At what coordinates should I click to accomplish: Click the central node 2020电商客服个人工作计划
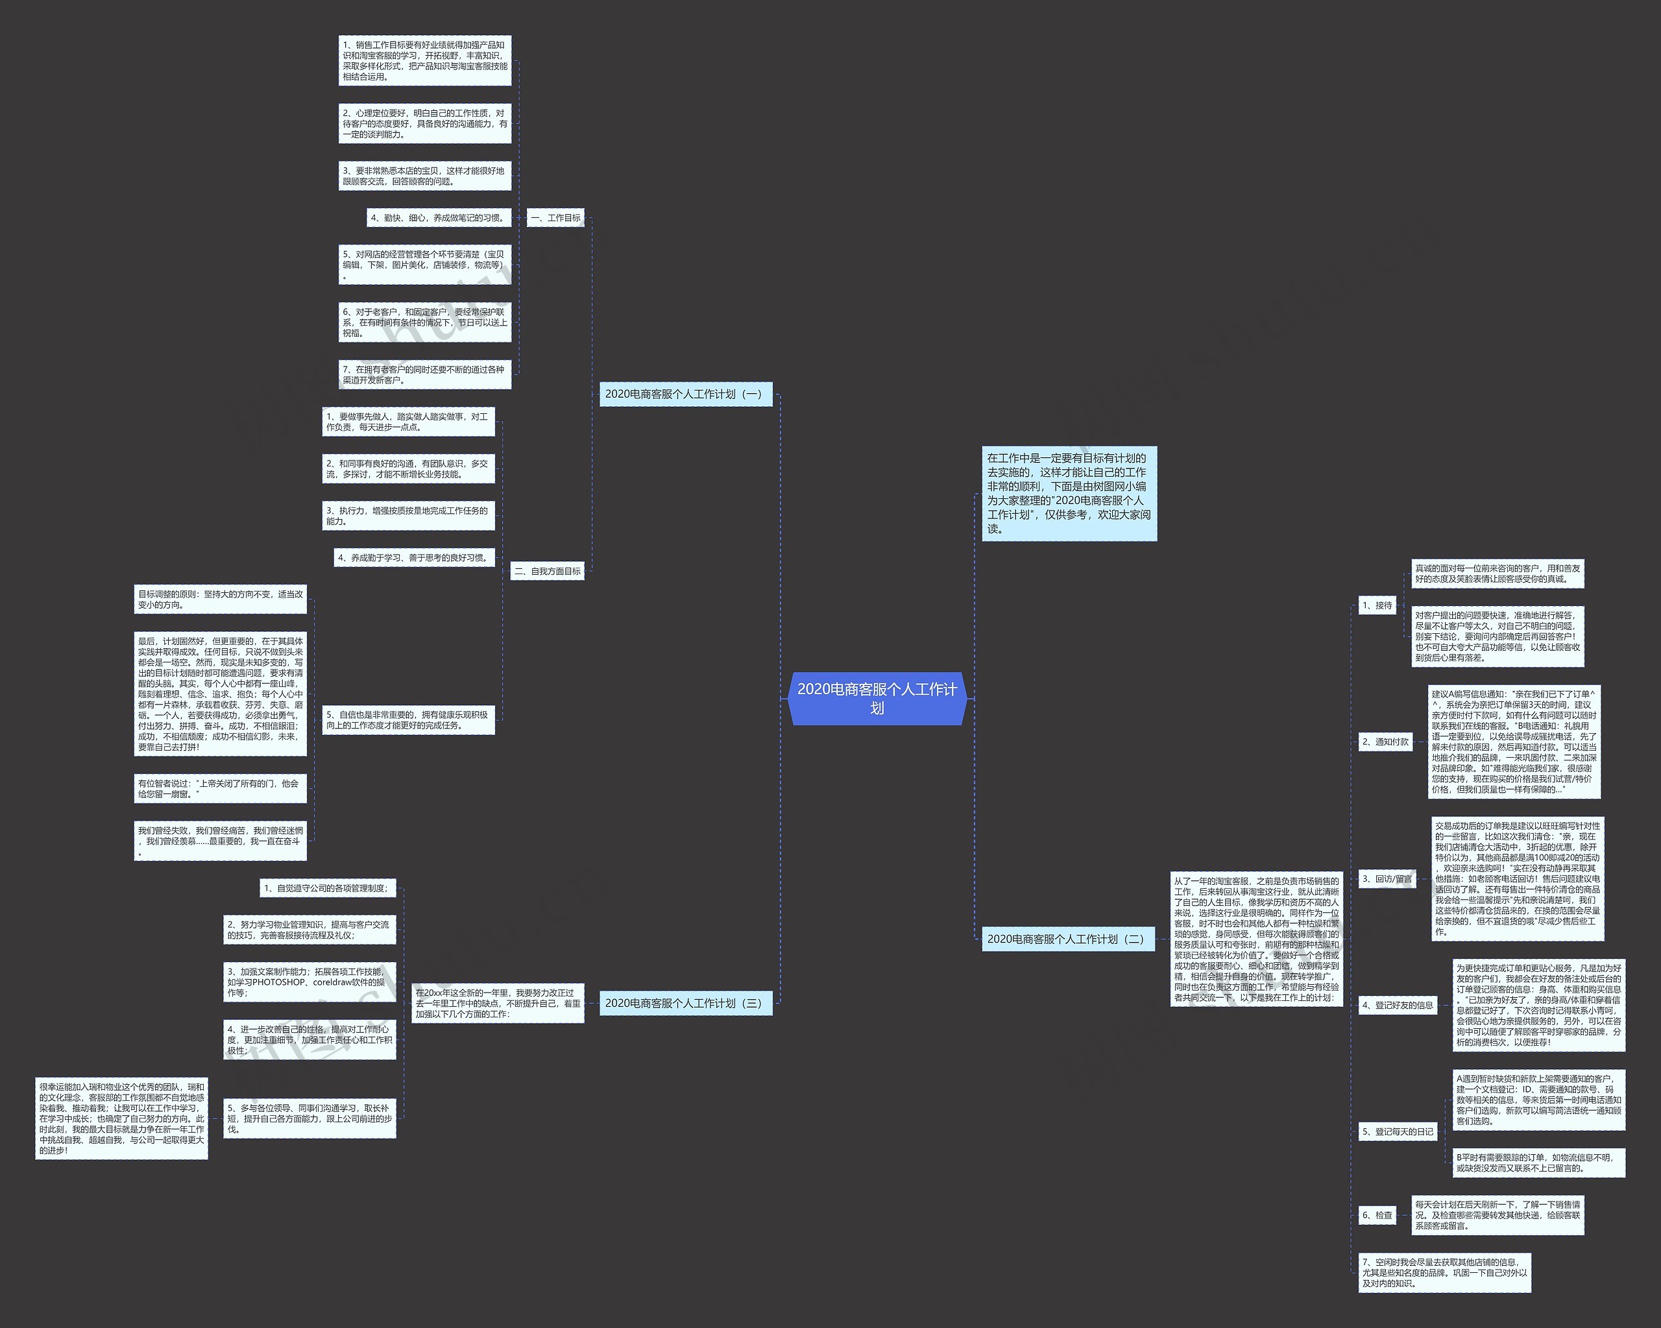(877, 698)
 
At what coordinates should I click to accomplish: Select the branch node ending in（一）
(685, 394)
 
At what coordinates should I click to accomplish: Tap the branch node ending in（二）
(1067, 938)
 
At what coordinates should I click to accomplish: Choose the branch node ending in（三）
(685, 1002)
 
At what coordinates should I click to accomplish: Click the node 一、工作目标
(555, 218)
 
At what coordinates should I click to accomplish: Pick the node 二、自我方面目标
(547, 571)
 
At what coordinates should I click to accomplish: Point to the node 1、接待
(1377, 605)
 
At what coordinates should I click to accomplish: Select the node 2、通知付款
(1385, 742)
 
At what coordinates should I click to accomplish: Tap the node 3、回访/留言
(1387, 878)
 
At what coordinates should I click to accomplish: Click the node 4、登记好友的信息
(1398, 1004)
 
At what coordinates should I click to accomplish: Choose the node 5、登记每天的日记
(1398, 1131)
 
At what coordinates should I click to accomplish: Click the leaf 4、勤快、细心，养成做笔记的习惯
(439, 218)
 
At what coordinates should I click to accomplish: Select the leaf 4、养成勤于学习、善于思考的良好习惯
(414, 558)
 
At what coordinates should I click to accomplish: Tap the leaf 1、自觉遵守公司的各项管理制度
(328, 888)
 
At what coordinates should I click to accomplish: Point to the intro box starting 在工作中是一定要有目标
(1069, 493)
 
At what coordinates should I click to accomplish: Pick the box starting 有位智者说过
(219, 788)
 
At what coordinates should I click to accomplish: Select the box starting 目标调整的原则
(219, 599)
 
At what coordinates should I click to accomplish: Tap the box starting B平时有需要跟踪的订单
(1538, 1163)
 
